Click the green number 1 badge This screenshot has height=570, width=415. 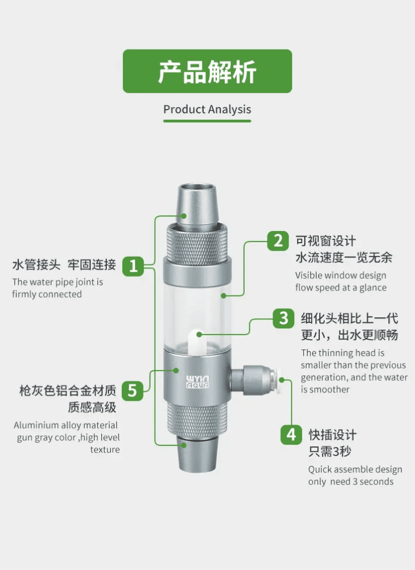[x=133, y=266]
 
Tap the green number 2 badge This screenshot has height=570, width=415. [x=278, y=240]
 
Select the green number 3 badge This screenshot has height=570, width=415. [x=284, y=318]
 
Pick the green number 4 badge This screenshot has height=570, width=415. [x=291, y=435]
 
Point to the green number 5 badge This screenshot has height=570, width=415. [x=132, y=391]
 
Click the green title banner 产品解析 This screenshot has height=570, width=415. [x=207, y=71]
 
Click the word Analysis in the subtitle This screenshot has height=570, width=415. [x=230, y=110]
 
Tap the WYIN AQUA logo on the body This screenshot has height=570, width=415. [x=197, y=382]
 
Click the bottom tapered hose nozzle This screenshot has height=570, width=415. [x=197, y=454]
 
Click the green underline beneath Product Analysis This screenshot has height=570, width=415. [x=207, y=121]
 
